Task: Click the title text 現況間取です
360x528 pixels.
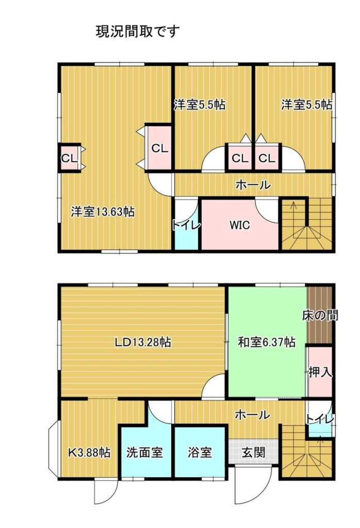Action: [138, 32]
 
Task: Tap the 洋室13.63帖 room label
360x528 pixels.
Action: [103, 212]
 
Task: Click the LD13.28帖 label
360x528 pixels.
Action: [143, 342]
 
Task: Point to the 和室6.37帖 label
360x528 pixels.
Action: [267, 342]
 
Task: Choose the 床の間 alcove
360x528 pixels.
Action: [319, 315]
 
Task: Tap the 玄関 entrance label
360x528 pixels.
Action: [253, 452]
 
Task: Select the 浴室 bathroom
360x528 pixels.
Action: [200, 452]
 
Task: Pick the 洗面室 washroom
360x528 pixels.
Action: [145, 452]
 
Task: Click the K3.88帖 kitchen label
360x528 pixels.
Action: [89, 452]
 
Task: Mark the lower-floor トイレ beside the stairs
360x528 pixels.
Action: [320, 419]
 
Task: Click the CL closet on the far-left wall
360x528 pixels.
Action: [70, 158]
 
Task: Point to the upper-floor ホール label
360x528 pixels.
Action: [253, 185]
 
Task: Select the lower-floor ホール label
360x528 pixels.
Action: [252, 415]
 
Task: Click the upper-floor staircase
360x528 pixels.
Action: [307, 224]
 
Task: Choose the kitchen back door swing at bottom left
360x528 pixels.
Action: [106, 491]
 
